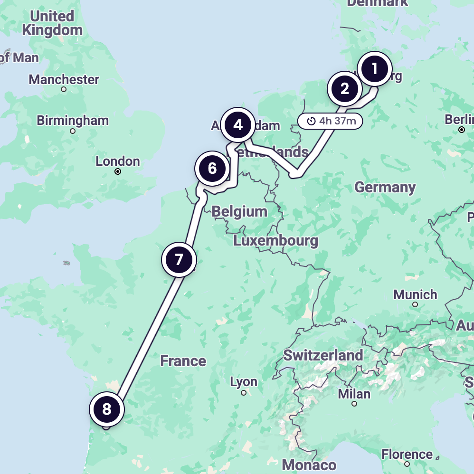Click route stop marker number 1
click(x=374, y=69)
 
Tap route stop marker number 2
click(x=345, y=89)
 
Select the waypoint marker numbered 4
click(x=238, y=125)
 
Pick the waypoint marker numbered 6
click(x=212, y=168)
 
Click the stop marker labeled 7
click(x=179, y=260)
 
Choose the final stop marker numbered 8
click(x=106, y=409)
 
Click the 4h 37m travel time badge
click(x=330, y=121)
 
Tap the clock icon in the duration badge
click(x=311, y=121)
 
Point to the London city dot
click(x=118, y=172)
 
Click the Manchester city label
click(x=64, y=79)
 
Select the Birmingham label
click(x=73, y=121)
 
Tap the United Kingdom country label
click(x=52, y=23)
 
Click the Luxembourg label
click(x=275, y=241)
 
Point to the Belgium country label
click(x=239, y=211)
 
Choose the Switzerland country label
click(x=323, y=355)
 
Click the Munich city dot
click(x=415, y=304)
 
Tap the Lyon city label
click(x=244, y=382)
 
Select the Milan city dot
click(x=354, y=404)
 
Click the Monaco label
click(x=309, y=465)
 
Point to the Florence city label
click(x=407, y=455)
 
